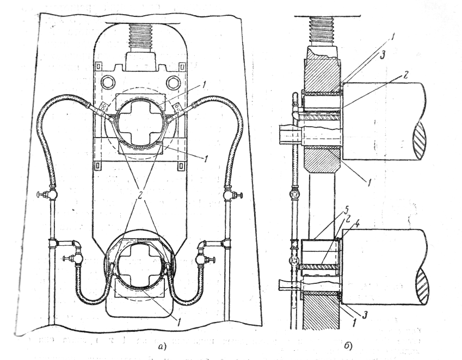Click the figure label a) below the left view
[162, 347]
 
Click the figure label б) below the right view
[348, 345]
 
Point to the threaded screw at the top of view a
[140, 38]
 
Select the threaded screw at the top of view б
[323, 31]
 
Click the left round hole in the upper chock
[108, 82]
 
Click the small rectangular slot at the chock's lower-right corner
[181, 166]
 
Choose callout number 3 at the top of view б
[382, 57]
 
